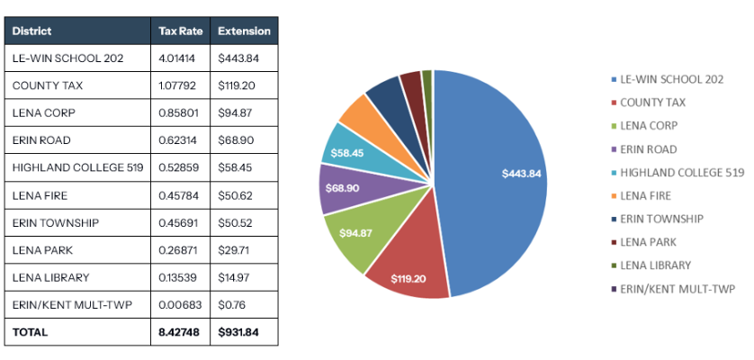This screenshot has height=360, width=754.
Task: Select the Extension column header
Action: click(x=244, y=31)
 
